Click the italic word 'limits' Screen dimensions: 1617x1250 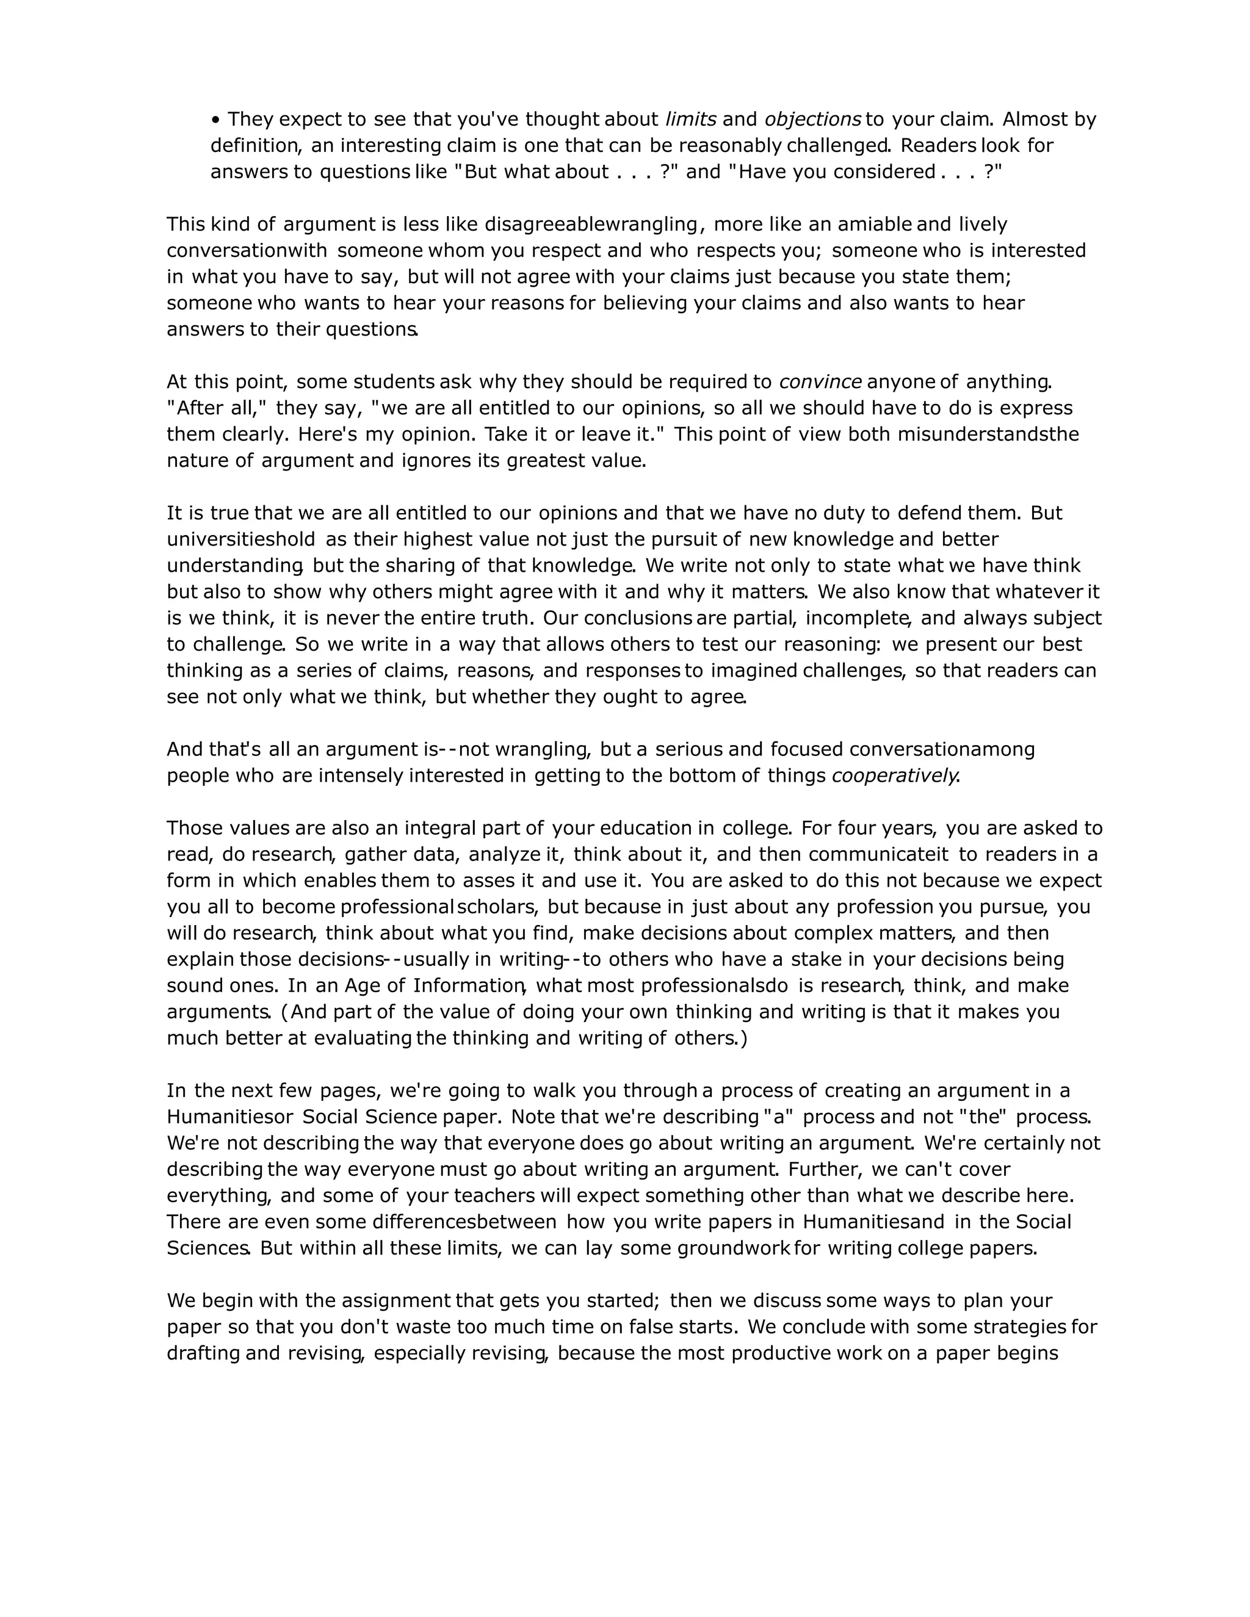coord(691,119)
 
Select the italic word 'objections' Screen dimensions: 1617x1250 coord(812,119)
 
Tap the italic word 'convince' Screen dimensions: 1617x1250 coord(820,382)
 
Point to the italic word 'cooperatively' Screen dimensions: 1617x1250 coord(895,776)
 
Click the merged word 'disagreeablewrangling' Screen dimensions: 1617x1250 coord(591,225)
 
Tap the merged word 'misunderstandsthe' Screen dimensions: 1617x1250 coord(988,434)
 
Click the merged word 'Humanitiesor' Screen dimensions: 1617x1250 coord(231,1117)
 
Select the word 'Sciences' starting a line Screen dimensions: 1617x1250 coord(208,1248)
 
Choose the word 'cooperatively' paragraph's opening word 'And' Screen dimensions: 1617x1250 coord(184,750)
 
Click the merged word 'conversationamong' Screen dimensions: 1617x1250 coord(941,750)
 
